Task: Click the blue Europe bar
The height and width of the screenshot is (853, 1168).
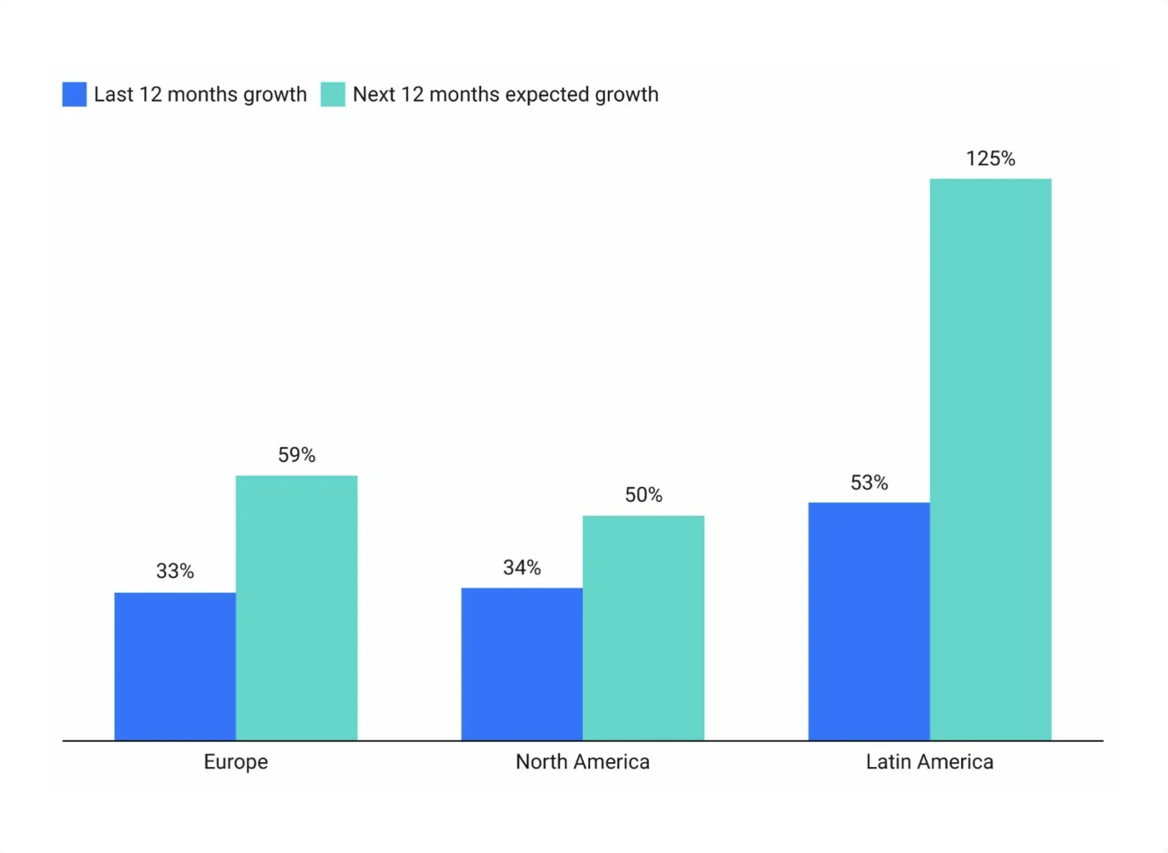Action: [175, 666]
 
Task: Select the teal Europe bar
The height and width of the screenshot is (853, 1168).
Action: [296, 608]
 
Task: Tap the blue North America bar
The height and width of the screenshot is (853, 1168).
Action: [521, 664]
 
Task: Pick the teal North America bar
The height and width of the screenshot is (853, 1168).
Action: [643, 628]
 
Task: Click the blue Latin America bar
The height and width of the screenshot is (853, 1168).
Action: [868, 621]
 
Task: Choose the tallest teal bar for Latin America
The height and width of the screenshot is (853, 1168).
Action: [990, 459]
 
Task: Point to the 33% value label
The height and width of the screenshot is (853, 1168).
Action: [175, 571]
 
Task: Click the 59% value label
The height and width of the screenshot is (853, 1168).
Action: [296, 455]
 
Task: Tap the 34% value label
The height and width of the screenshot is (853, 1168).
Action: [521, 568]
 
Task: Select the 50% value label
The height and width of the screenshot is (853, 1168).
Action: [643, 495]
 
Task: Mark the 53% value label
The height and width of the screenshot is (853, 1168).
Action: [868, 483]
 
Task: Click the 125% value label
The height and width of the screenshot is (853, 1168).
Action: [990, 159]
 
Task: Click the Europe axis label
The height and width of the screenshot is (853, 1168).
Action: [236, 762]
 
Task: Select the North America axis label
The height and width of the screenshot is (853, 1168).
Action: [582, 762]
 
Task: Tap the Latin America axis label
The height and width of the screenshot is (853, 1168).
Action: [929, 762]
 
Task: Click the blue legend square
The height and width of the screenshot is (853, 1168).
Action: [74, 94]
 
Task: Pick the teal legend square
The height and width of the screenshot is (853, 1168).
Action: [333, 94]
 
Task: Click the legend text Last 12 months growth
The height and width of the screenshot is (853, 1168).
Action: [200, 95]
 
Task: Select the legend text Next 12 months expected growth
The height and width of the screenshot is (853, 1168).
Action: [506, 95]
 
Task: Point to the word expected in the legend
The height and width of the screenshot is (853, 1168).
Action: [546, 95]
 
